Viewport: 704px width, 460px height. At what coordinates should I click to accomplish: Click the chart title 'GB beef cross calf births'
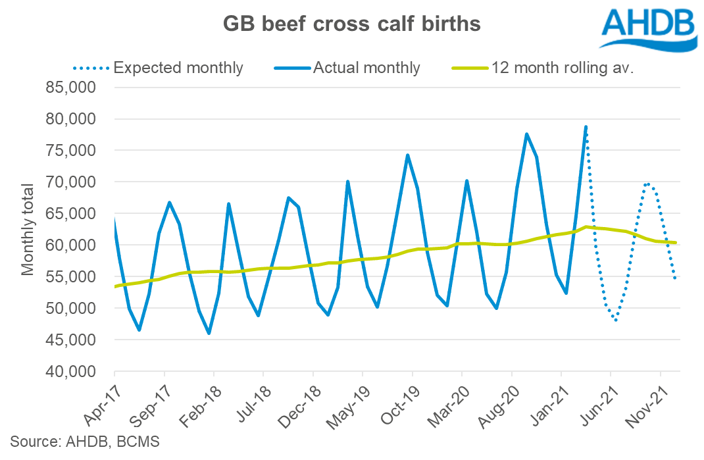[351, 24]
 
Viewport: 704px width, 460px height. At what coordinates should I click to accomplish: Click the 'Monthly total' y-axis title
[28, 230]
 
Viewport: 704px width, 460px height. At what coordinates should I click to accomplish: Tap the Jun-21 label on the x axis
[597, 403]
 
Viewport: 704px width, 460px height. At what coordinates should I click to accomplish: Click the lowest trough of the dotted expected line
[615, 320]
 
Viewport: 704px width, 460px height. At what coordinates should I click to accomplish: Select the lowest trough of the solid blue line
[209, 333]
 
